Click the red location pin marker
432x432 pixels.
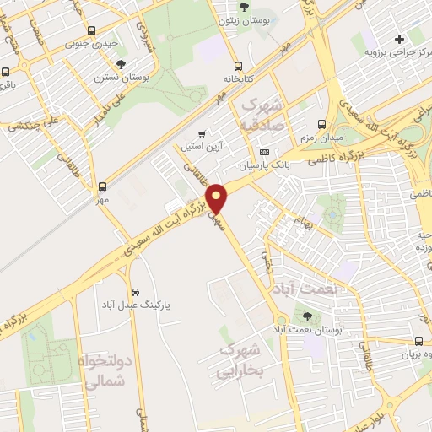pyautogui.click(x=218, y=199)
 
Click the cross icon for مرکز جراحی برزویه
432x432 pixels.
pyautogui.click(x=399, y=39)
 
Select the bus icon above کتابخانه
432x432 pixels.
pyautogui.click(x=238, y=65)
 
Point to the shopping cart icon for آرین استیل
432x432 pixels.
pyautogui.click(x=201, y=133)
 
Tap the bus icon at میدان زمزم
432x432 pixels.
pyautogui.click(x=321, y=124)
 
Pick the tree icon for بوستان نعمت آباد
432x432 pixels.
pyautogui.click(x=305, y=316)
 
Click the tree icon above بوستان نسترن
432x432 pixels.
pyautogui.click(x=121, y=63)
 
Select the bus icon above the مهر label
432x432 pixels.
pyautogui.click(x=102, y=186)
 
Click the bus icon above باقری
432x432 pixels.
pyautogui.click(x=5, y=72)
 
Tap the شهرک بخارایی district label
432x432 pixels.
pyautogui.click(x=240, y=359)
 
